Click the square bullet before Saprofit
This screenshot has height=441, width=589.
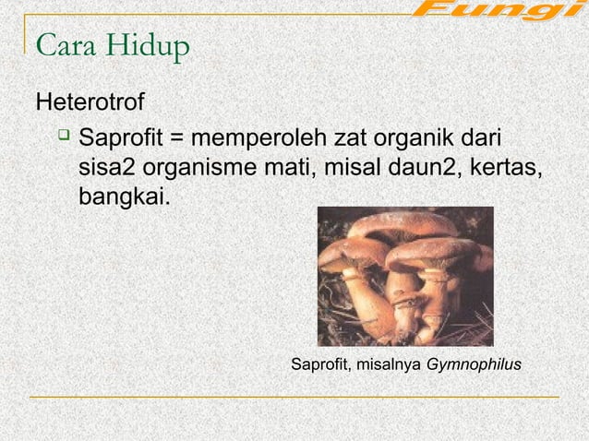pyautogui.click(x=62, y=138)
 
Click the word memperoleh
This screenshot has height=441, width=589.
pyautogui.click(x=254, y=140)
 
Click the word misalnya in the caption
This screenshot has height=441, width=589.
pyautogui.click(x=389, y=365)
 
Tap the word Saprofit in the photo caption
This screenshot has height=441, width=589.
pyautogui.click(x=319, y=365)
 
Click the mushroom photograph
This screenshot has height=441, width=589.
pyautogui.click(x=404, y=275)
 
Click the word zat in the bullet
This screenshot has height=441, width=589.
pyautogui.click(x=350, y=139)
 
